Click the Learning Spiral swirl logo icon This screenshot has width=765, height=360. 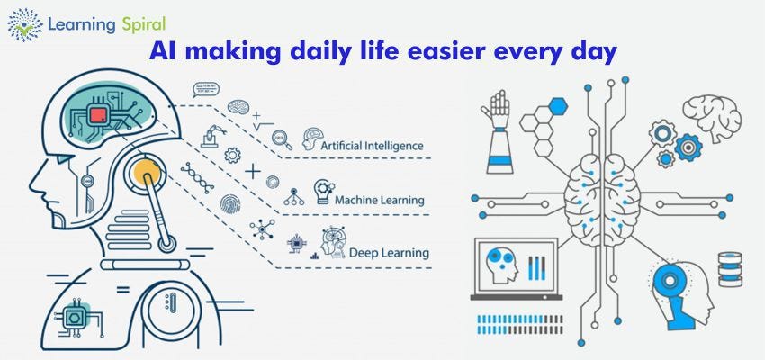click(x=24, y=23)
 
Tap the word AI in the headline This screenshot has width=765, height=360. click(x=164, y=53)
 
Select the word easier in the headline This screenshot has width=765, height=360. click(x=438, y=53)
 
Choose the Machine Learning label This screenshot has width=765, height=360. click(x=379, y=199)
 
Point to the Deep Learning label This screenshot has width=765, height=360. click(x=389, y=252)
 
